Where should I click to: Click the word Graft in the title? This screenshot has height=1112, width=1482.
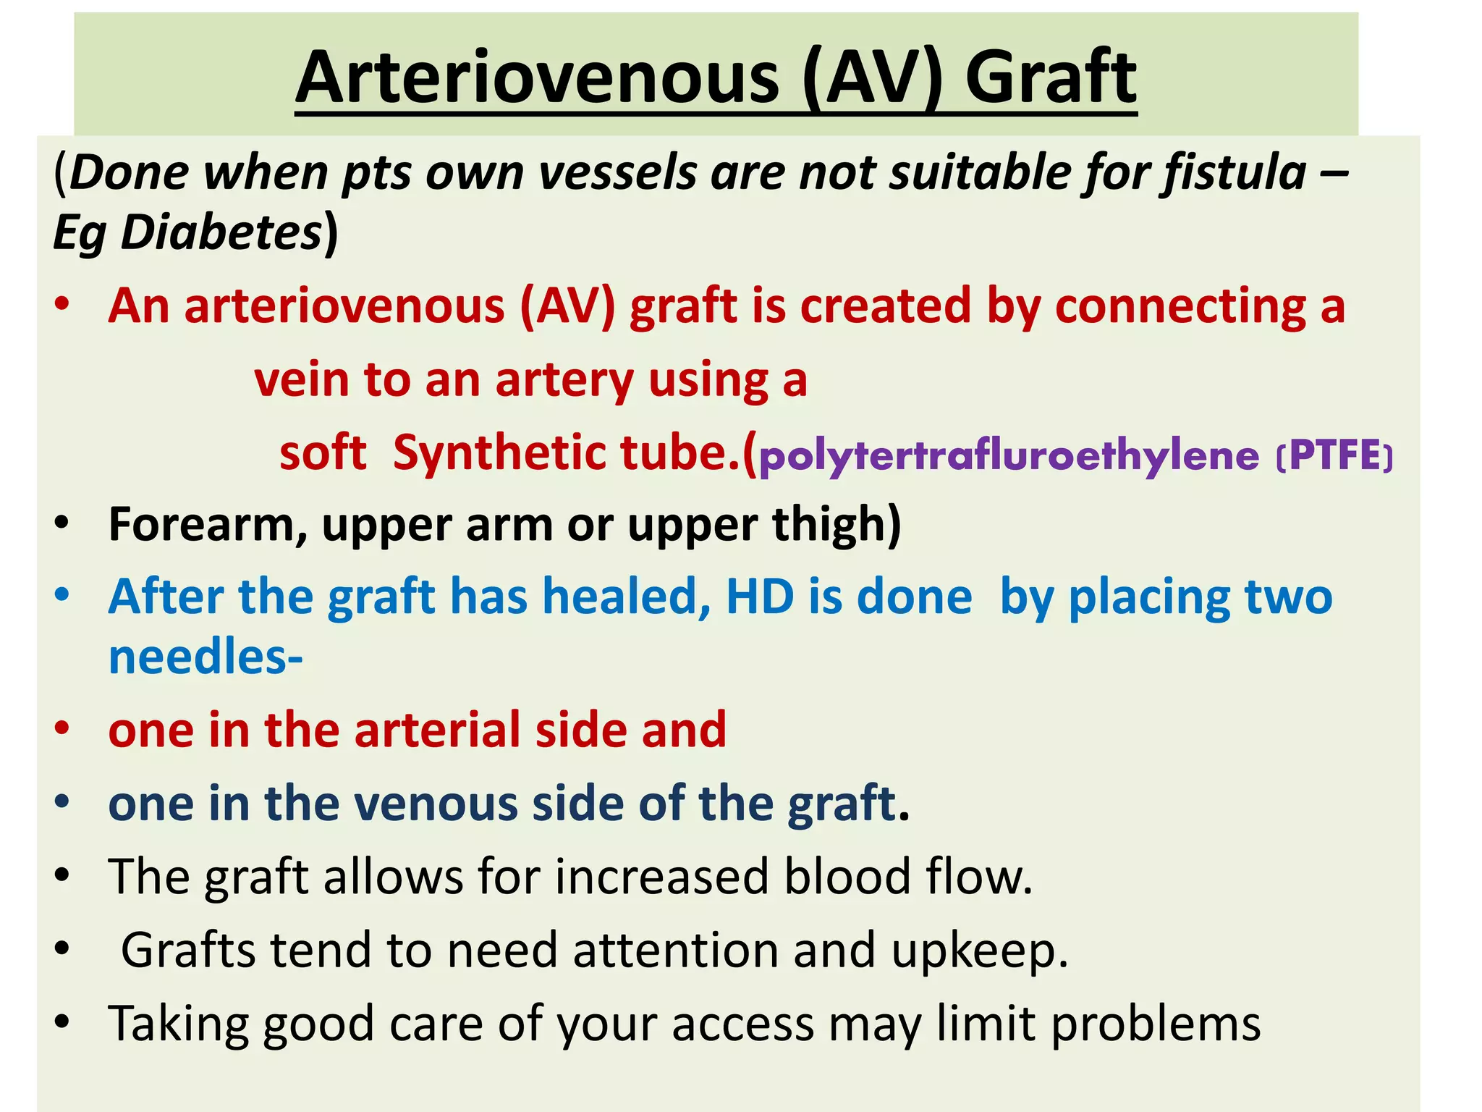1051,77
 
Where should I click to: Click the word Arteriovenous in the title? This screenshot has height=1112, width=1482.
537,77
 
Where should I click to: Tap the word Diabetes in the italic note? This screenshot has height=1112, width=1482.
221,233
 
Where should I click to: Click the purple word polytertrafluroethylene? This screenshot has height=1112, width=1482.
1009,456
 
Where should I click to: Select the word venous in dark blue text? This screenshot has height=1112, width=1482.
435,804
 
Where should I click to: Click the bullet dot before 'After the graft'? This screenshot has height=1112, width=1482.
62,596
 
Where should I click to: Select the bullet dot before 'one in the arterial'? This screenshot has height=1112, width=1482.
62,728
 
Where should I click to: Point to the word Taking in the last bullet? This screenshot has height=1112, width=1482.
178,1024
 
